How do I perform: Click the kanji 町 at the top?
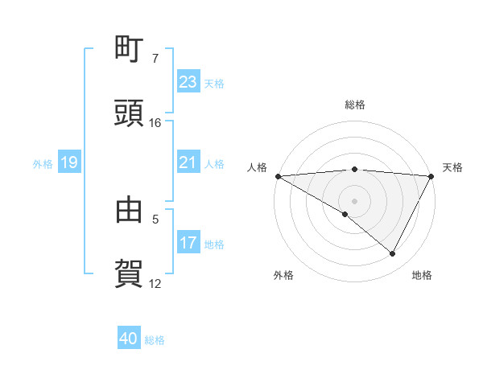tap(129, 50)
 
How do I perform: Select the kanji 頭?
tap(129, 114)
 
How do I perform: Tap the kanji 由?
tap(129, 209)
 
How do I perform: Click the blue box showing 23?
tap(188, 81)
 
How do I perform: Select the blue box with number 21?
tap(188, 162)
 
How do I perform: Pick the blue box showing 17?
tap(188, 244)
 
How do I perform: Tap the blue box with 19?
tap(68, 163)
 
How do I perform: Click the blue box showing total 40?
tap(129, 339)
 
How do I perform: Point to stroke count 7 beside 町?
tap(155, 59)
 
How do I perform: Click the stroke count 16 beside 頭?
tap(155, 123)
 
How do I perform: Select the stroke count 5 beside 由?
tap(155, 218)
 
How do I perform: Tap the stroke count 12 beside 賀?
tap(155, 283)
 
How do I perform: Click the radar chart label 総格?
tap(355, 105)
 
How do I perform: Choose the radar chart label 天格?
tap(452, 167)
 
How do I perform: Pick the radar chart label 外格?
tap(283, 275)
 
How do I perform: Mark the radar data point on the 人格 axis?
tap(278, 176)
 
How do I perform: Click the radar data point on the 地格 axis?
tap(393, 254)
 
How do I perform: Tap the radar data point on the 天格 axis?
tap(432, 176)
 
